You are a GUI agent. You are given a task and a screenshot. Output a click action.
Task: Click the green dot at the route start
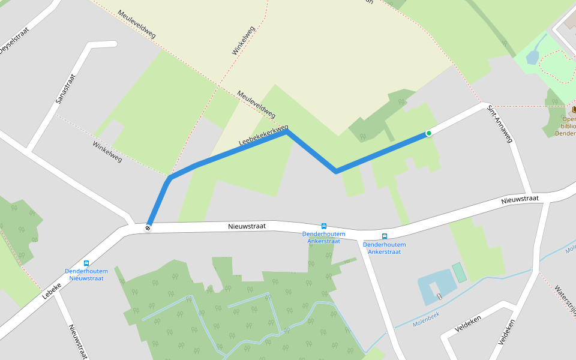point(428,133)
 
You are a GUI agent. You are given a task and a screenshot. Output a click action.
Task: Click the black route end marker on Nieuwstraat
point(148,227)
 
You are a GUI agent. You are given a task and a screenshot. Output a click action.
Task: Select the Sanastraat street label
point(66,89)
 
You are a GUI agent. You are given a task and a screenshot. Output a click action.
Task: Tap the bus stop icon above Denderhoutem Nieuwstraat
point(86,263)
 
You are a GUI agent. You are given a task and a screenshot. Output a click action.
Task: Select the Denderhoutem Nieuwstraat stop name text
point(84,274)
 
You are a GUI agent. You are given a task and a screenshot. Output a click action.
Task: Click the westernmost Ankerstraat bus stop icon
point(324,226)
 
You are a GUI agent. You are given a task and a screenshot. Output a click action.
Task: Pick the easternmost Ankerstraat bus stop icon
point(385,236)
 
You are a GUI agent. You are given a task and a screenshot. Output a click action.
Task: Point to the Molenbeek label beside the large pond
point(426,323)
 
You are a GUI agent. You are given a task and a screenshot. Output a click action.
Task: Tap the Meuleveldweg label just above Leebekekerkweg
point(256,104)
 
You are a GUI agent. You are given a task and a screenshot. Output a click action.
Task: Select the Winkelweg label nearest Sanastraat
point(107,151)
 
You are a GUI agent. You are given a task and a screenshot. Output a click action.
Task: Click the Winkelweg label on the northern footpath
point(244,41)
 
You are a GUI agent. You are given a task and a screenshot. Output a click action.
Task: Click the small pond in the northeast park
point(532,57)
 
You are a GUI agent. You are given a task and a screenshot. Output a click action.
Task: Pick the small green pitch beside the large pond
point(460,272)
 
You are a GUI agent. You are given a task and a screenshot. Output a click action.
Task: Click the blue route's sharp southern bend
point(335,172)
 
